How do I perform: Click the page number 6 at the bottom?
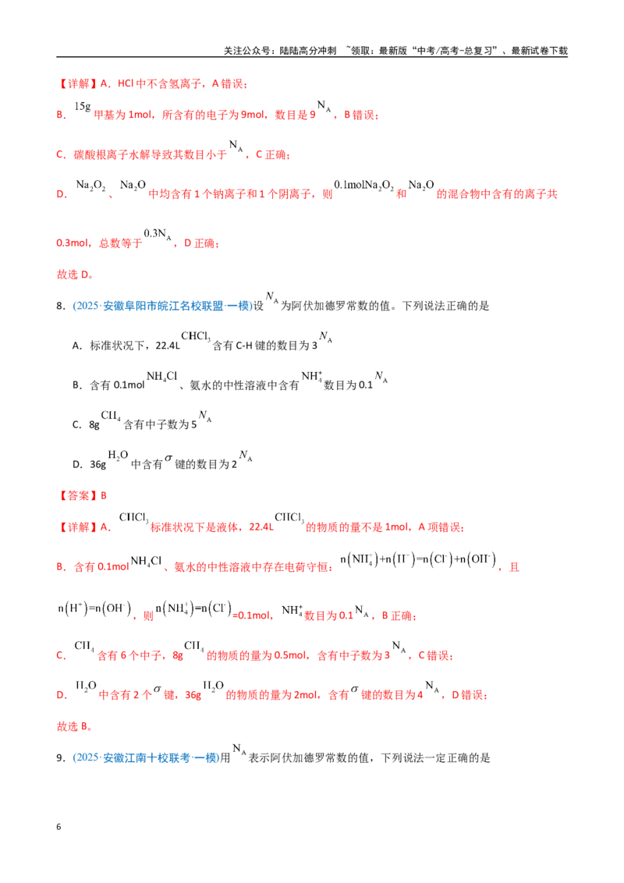(58, 827)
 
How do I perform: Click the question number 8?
(60, 306)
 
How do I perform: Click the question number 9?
(60, 758)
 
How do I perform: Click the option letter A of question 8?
(77, 346)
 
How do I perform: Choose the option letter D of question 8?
(77, 465)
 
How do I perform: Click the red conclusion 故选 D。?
(75, 275)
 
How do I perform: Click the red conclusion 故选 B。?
(74, 726)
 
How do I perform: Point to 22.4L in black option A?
(167, 346)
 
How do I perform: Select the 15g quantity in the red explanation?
(82, 106)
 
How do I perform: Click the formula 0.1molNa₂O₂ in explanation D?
(363, 186)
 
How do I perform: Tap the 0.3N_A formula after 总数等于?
(158, 234)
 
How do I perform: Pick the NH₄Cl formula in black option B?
(161, 376)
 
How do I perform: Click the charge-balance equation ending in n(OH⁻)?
(418, 559)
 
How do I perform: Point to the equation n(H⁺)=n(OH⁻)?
(94, 608)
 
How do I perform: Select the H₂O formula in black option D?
(118, 456)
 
